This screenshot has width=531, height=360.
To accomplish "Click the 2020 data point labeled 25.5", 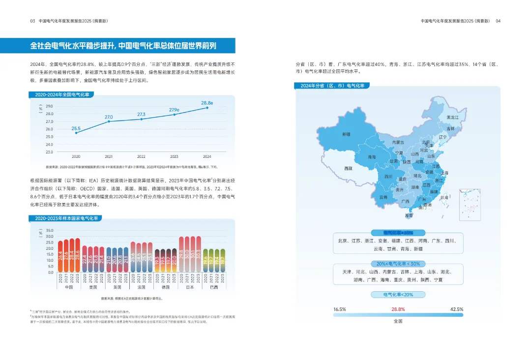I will (x=76, y=133).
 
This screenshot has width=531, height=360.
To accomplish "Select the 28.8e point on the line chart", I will (x=207, y=108).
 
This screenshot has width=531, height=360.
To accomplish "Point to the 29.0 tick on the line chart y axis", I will (x=49, y=106).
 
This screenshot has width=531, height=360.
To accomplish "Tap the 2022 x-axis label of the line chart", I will (x=141, y=156).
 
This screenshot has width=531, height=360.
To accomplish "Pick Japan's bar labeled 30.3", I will (x=198, y=255).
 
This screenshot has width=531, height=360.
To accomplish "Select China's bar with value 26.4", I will (x=60, y=256).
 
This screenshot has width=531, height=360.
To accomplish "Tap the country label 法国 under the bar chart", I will (x=141, y=287).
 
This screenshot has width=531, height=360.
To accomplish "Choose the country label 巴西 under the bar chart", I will (x=214, y=287).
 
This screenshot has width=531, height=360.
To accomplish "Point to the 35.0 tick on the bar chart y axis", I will (x=49, y=231).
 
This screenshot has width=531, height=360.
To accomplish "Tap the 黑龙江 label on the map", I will (x=452, y=118).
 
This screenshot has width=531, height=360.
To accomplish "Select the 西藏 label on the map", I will (x=348, y=168).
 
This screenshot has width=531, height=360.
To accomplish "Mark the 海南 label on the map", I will (x=409, y=215).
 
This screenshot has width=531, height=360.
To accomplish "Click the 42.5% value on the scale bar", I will (x=456, y=309).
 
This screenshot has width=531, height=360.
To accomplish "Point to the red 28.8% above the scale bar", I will (x=398, y=309).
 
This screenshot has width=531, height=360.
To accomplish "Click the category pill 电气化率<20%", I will (x=398, y=295).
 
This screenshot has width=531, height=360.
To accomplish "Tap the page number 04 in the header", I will (x=498, y=21).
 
